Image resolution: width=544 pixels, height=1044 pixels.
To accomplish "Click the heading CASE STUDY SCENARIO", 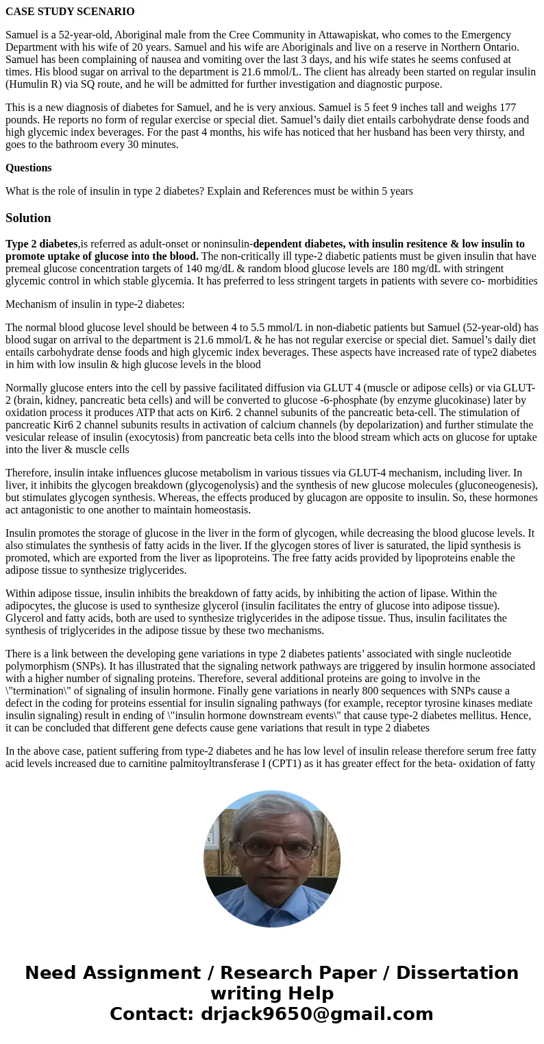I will click(70, 12).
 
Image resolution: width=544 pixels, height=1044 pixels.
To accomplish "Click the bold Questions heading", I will click(29, 168).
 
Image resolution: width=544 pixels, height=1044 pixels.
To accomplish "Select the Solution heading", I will click(28, 218).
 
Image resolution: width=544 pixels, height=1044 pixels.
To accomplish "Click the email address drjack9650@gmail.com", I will click(317, 1014).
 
